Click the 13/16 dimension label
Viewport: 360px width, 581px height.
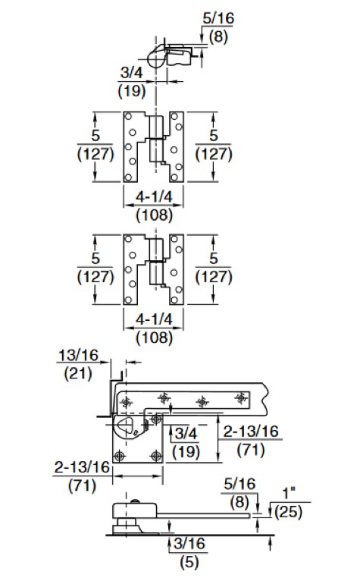[x=78, y=355]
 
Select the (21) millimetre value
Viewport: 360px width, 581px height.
[x=78, y=373]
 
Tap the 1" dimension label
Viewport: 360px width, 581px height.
[x=289, y=493]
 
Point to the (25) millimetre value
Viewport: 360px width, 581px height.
[x=288, y=512]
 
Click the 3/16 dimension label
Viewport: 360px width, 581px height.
[x=189, y=544]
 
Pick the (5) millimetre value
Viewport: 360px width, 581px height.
[x=189, y=562]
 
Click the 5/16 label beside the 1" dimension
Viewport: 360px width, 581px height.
[x=239, y=484]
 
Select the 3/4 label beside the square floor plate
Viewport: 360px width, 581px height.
[x=186, y=433]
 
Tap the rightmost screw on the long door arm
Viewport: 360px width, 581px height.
[x=241, y=398]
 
